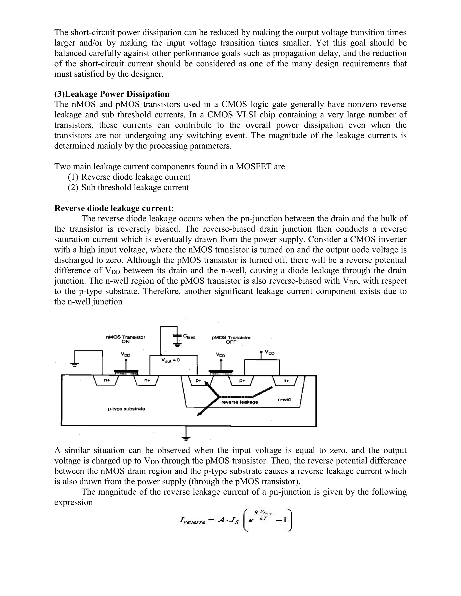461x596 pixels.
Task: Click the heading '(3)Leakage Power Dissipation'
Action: pos(112,94)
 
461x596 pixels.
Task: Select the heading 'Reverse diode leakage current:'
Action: pos(114,208)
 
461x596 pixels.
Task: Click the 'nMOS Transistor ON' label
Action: pos(125,339)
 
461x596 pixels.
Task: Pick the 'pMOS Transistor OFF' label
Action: pos(231,340)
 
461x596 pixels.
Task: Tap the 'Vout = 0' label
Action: pos(170,360)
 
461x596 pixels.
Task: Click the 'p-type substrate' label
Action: pos(126,409)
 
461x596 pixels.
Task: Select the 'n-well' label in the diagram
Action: pos(285,399)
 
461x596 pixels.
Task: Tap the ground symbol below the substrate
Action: pos(186,438)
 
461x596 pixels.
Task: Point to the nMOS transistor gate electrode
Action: pos(126,372)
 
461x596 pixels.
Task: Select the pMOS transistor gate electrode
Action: pos(221,372)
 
